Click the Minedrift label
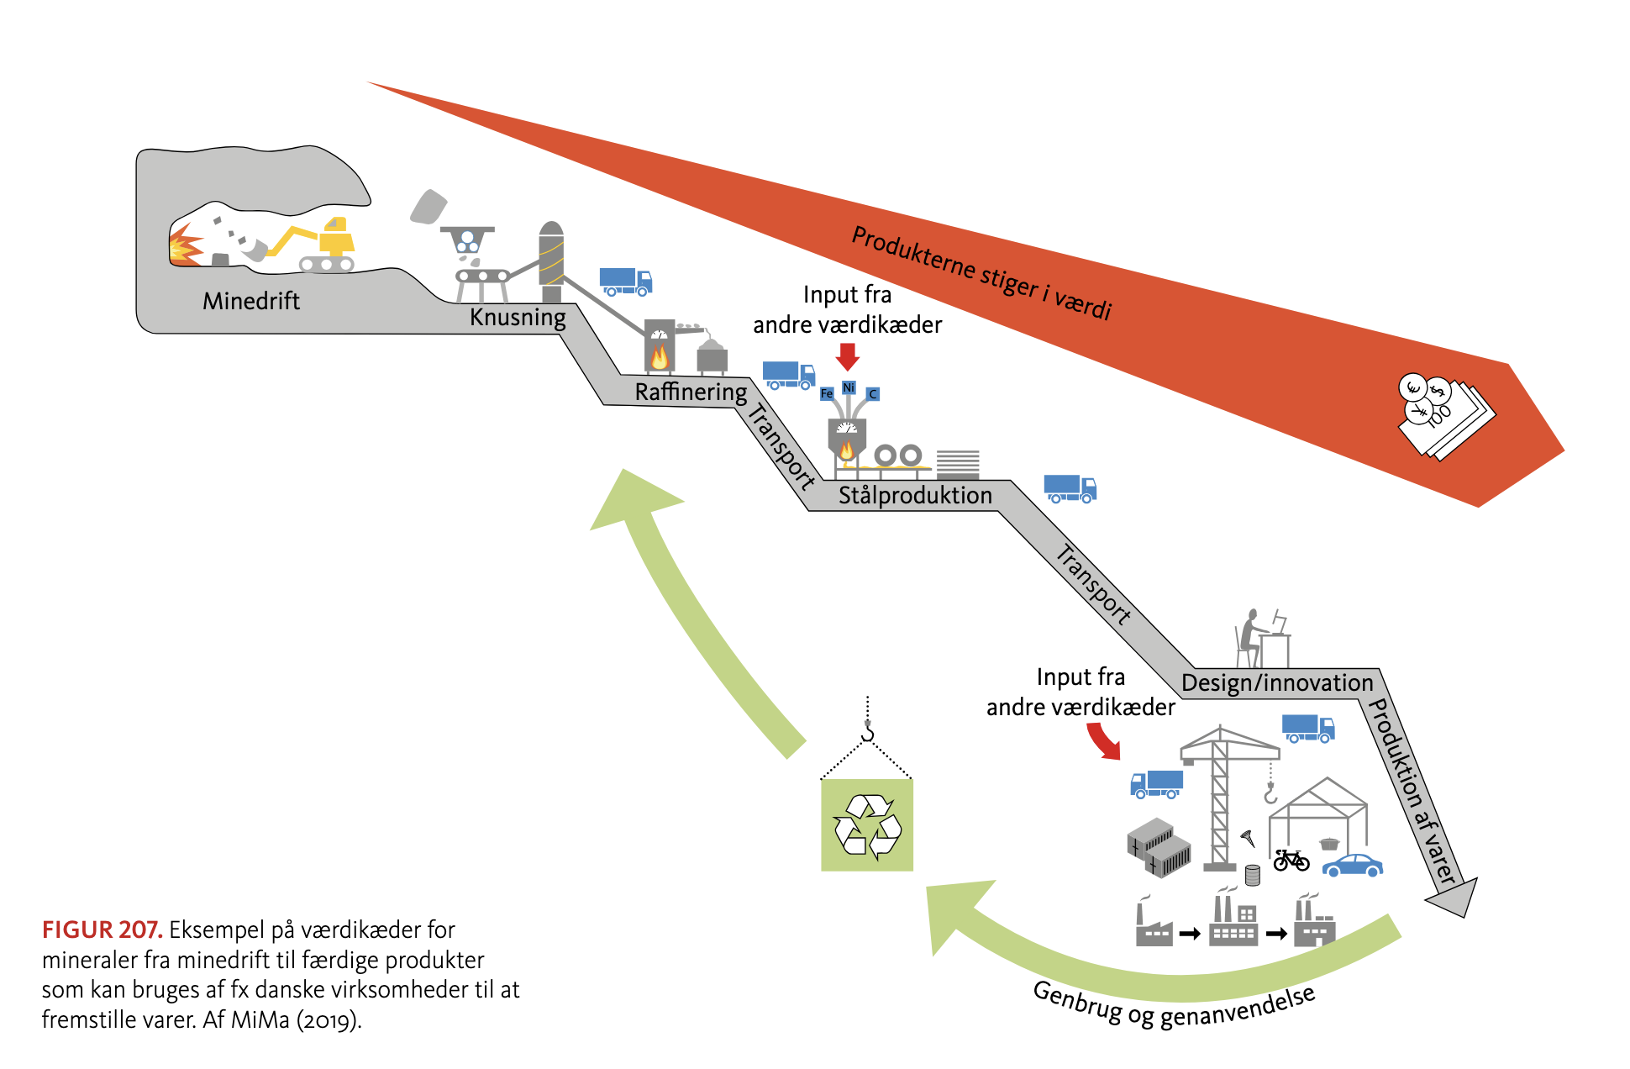coord(250,301)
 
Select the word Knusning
coord(518,318)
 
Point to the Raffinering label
coord(691,392)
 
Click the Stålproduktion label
coord(915,496)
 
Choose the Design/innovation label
coord(1276,683)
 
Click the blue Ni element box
coord(849,387)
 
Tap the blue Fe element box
coord(826,393)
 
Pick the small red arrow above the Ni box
coord(848,356)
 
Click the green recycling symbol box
coord(867,825)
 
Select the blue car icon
coord(1352,865)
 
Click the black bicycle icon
coord(1291,860)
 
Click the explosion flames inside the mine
coord(185,247)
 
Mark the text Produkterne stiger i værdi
coord(981,273)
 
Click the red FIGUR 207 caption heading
coord(102,930)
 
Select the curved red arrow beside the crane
coord(1103,740)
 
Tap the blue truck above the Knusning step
coord(625,282)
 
